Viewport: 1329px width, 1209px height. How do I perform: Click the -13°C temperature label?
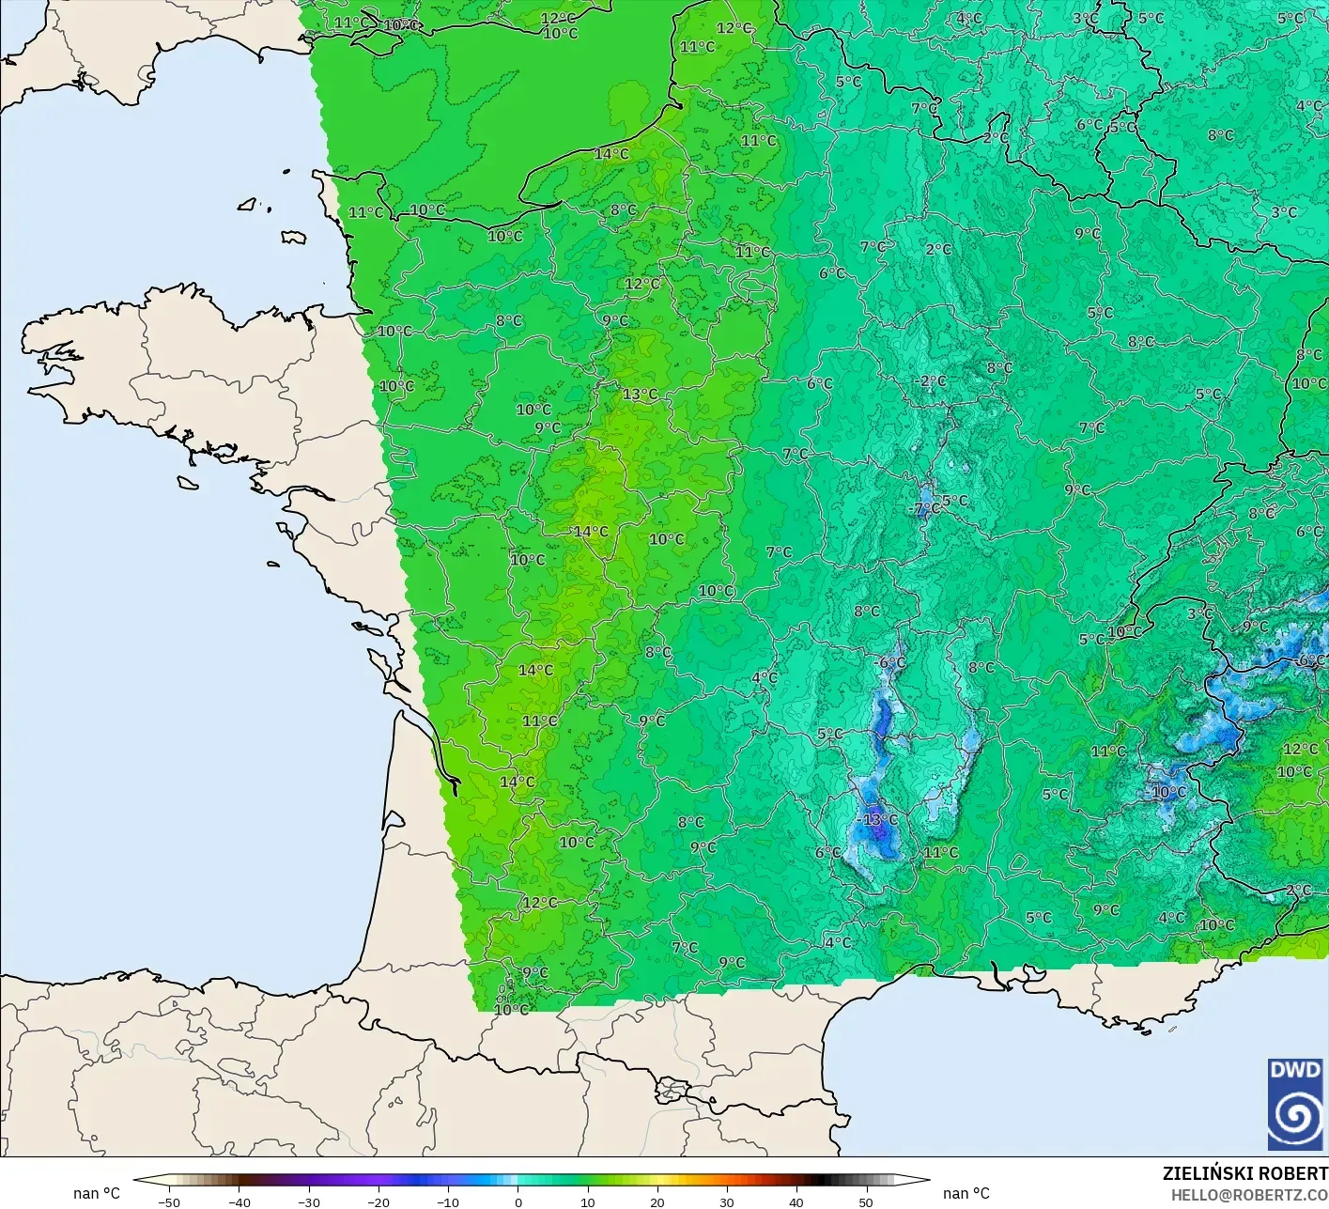tap(878, 819)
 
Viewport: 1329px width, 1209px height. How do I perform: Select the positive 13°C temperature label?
tap(640, 394)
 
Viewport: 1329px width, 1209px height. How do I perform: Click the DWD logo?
tap(1295, 1104)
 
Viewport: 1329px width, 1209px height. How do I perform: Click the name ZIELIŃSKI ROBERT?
tap(1244, 1173)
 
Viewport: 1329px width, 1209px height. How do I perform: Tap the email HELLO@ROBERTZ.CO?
tap(1248, 1195)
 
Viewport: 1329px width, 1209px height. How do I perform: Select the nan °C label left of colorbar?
tap(97, 1193)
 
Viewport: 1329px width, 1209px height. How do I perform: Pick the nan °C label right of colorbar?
tap(966, 1193)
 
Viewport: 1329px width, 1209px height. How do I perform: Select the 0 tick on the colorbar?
tap(518, 1201)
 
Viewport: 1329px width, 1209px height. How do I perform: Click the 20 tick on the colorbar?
tap(657, 1201)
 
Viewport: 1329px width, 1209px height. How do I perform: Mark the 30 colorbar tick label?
tap(726, 1201)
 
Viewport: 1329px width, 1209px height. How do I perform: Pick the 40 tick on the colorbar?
tap(796, 1201)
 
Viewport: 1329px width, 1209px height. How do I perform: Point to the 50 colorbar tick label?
tap(865, 1201)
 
